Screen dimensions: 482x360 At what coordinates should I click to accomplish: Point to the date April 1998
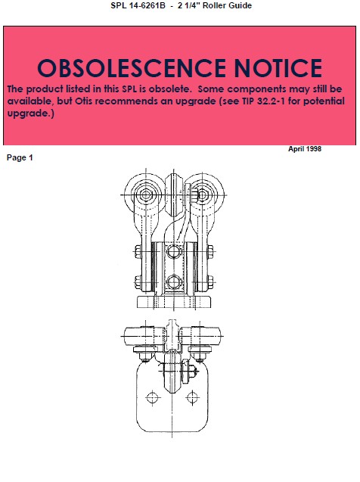click(305, 149)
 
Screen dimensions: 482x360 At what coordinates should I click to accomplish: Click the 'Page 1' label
click(20, 157)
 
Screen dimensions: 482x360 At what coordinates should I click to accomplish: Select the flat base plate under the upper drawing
click(174, 303)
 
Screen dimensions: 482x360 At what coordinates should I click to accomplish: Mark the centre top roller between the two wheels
click(174, 186)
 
